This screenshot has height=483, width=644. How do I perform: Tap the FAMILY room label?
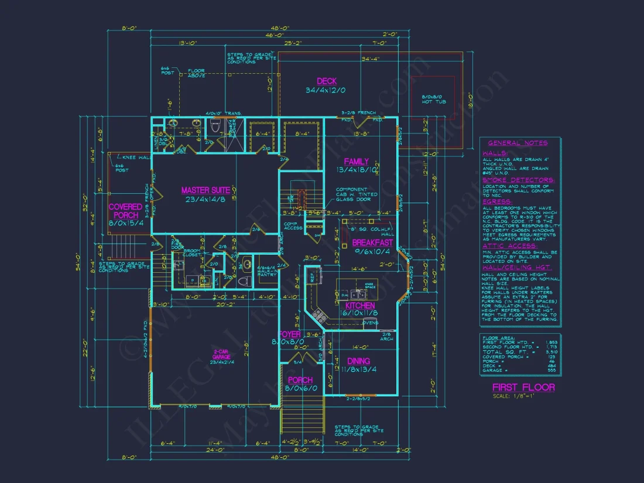356,162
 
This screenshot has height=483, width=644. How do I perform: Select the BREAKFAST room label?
372,242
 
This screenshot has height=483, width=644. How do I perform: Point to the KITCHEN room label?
360,306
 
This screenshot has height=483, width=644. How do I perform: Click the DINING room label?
358,361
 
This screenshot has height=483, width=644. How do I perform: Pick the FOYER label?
290,334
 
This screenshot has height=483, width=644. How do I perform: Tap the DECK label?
327,81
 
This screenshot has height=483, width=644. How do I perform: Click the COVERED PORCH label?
125,211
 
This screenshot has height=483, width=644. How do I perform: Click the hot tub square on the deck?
433,99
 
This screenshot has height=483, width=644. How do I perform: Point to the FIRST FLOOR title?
523,387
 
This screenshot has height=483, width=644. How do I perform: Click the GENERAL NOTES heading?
518,143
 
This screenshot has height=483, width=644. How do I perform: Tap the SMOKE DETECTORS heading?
518,180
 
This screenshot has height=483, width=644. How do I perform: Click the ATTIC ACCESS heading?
510,246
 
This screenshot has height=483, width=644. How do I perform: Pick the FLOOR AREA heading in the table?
498,338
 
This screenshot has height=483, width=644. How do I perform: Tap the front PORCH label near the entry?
300,380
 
